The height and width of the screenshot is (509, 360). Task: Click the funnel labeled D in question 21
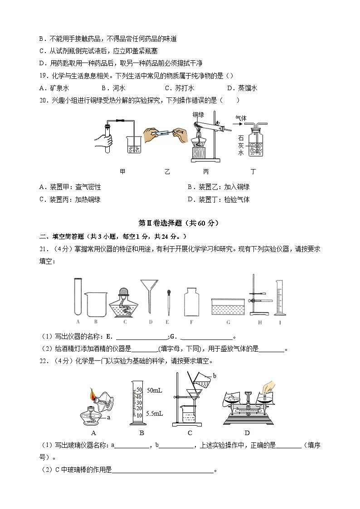click(x=149, y=295)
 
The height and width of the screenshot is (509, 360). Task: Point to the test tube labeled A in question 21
click(x=78, y=296)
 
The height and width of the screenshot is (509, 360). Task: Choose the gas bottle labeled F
click(x=191, y=301)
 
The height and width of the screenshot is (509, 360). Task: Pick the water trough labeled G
click(x=228, y=306)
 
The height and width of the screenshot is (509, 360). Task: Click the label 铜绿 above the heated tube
click(x=198, y=115)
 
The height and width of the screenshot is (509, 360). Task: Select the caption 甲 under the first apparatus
click(x=122, y=172)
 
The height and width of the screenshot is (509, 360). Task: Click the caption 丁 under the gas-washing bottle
click(x=253, y=172)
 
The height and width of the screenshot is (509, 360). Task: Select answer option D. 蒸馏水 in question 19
click(x=242, y=88)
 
